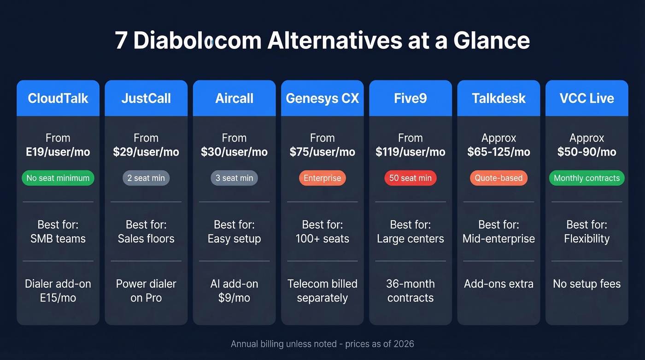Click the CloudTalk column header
pyautogui.click(x=58, y=98)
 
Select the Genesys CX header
pyautogui.click(x=322, y=98)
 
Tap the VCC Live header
pyautogui.click(x=586, y=98)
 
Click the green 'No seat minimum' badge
pyautogui.click(x=58, y=178)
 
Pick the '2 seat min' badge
pyautogui.click(x=146, y=178)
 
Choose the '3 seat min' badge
pyautogui.click(x=234, y=178)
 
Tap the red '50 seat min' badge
pyautogui.click(x=410, y=178)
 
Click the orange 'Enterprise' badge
pyautogui.click(x=322, y=178)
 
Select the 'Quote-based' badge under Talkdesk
pyautogui.click(x=498, y=178)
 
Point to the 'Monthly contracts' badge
pyautogui.click(x=586, y=178)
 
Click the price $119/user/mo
pyautogui.click(x=410, y=152)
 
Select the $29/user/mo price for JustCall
pyautogui.click(x=146, y=152)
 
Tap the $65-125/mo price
pyautogui.click(x=498, y=152)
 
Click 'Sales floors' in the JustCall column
pyautogui.click(x=146, y=239)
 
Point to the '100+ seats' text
pyautogui.click(x=322, y=239)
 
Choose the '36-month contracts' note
pyautogui.click(x=410, y=291)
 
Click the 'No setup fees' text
pyautogui.click(x=586, y=284)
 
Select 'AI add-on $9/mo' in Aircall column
pyautogui.click(x=234, y=291)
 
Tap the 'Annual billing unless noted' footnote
pyautogui.click(x=322, y=344)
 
